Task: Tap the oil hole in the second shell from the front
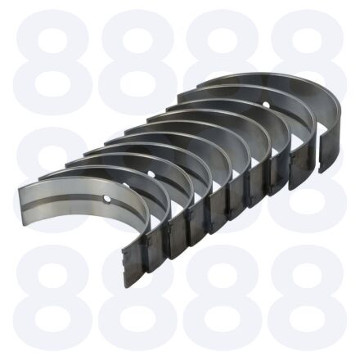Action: click(126, 186)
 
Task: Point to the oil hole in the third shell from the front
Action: click(151, 173)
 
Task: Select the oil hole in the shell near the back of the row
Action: click(266, 104)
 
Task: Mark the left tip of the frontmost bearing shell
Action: click(20, 189)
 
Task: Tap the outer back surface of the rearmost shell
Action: click(330, 141)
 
